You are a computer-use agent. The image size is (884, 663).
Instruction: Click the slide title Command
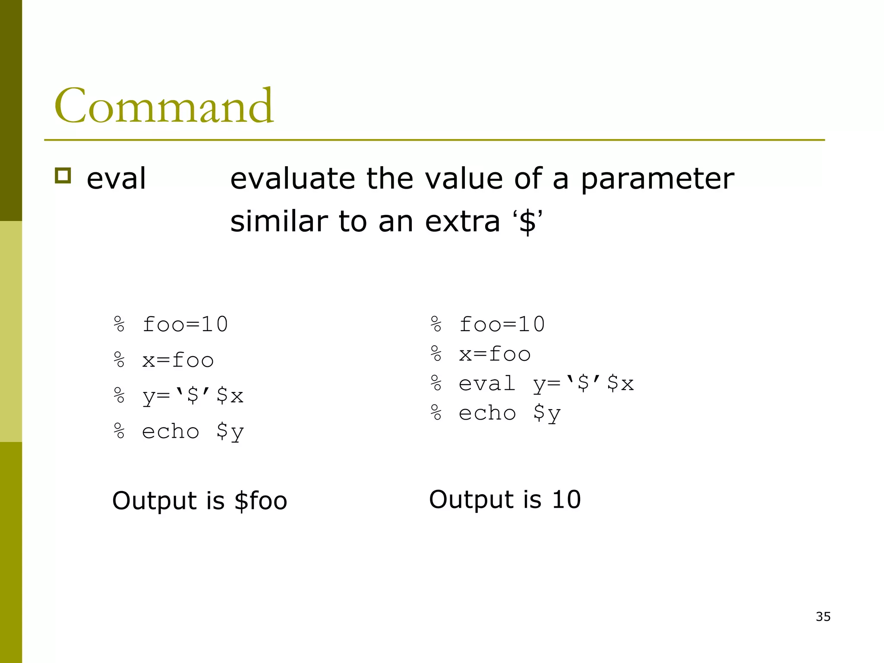pos(164,106)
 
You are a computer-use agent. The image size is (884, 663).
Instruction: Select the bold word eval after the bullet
pos(116,179)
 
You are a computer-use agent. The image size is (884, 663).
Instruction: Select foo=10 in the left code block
pos(185,325)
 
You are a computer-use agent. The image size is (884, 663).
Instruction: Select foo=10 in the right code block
pos(502,325)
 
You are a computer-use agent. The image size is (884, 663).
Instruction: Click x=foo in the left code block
pos(178,360)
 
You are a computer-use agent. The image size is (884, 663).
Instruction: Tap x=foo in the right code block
pos(495,354)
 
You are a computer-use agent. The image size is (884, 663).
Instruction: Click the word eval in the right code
pos(487,384)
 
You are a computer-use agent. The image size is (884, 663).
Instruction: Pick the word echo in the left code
pos(170,431)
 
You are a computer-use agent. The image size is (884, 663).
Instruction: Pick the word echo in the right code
pos(487,414)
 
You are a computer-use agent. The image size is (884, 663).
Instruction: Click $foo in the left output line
pos(261,501)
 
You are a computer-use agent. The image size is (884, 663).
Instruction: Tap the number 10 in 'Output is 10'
pos(566,500)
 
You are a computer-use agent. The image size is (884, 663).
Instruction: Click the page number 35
pos(823,617)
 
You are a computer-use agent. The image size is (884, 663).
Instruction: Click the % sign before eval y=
pos(436,384)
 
